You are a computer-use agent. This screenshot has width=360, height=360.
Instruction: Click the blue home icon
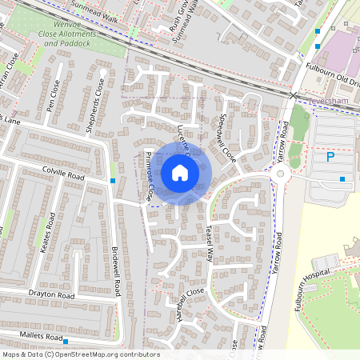[180, 172]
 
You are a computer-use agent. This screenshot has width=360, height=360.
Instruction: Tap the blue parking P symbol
[330, 158]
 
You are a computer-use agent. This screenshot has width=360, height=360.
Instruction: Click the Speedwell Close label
[224, 138]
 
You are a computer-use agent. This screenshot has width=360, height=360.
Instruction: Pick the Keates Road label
[45, 233]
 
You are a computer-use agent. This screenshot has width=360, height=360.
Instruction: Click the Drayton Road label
[51, 296]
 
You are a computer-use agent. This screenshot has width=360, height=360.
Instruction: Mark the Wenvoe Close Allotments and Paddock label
[70, 37]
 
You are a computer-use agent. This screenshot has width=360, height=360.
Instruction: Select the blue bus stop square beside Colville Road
[113, 182]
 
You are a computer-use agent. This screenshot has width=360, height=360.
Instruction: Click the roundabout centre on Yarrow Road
[282, 174]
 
